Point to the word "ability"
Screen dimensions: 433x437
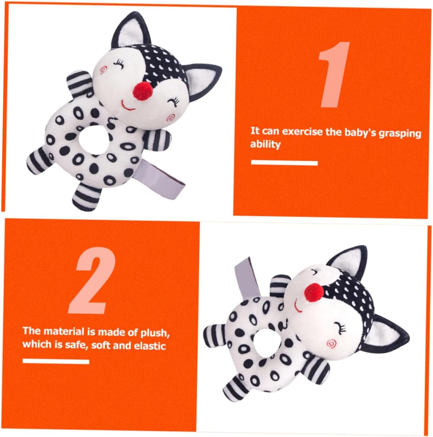265,144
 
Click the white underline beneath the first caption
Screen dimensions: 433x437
284,163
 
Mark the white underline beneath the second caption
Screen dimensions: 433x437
56,361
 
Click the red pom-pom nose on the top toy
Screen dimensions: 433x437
143,91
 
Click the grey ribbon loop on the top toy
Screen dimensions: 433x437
162,180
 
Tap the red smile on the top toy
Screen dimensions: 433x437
127,106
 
